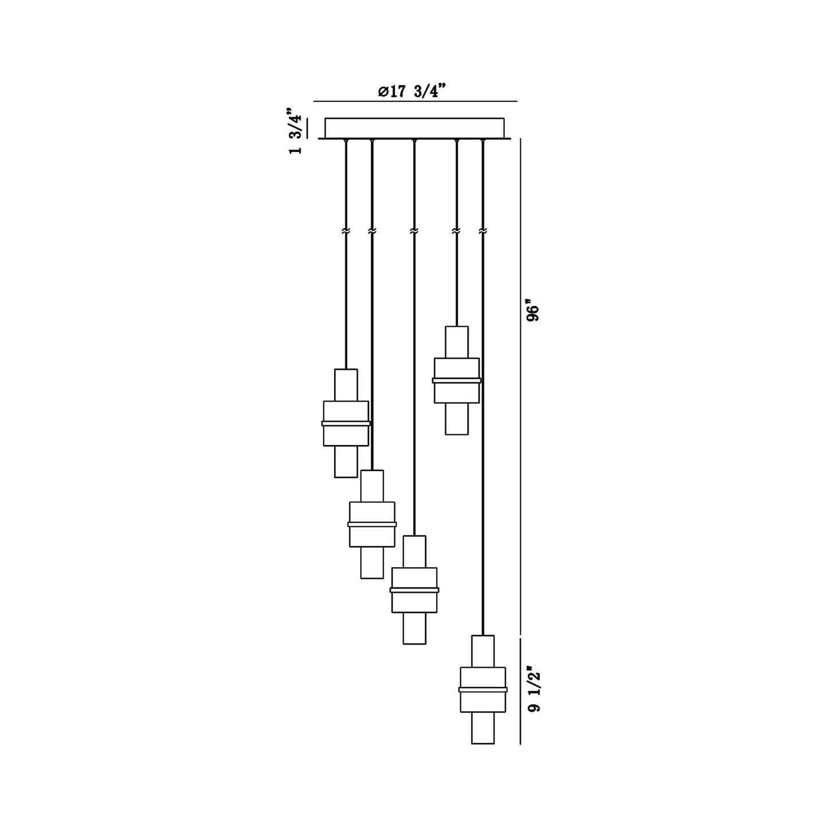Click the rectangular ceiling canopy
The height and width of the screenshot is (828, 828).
pyautogui.click(x=414, y=128)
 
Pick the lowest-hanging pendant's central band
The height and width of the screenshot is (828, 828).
pyautogui.click(x=482, y=689)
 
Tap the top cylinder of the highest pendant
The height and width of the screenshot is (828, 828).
pyautogui.click(x=457, y=342)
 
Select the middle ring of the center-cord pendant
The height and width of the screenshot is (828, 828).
pyautogui.click(x=414, y=590)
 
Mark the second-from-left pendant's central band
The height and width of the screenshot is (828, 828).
pyautogui.click(x=372, y=524)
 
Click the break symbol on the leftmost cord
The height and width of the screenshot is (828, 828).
pyautogui.click(x=346, y=231)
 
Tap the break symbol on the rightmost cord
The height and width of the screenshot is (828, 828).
pyautogui.click(x=482, y=231)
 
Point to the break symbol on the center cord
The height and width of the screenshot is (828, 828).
pyautogui.click(x=414, y=231)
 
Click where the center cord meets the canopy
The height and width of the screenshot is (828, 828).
pyautogui.click(x=414, y=140)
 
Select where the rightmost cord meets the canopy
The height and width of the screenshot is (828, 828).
pyautogui.click(x=482, y=140)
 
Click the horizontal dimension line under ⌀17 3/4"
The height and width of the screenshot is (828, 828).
pyautogui.click(x=415, y=101)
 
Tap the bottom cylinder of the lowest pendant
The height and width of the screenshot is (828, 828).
pyautogui.click(x=482, y=728)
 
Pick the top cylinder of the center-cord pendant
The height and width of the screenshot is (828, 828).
pyautogui.click(x=414, y=551)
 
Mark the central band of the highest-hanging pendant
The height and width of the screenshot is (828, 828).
pyautogui.click(x=457, y=380)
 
